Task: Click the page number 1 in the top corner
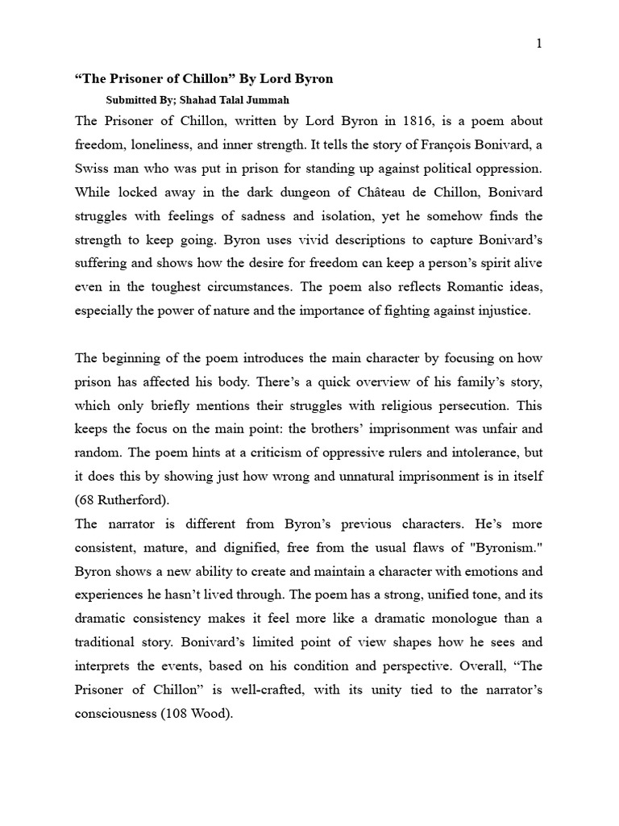pyautogui.click(x=539, y=44)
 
